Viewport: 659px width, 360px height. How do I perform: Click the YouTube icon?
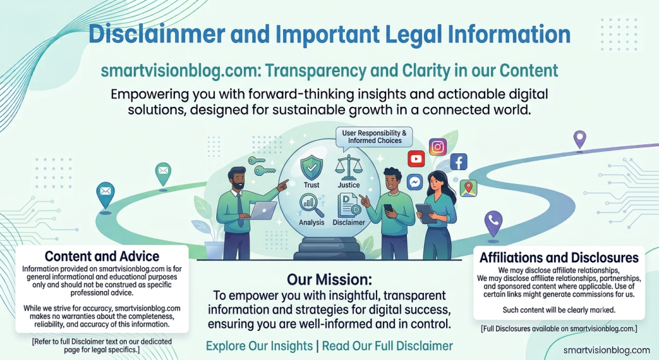416,158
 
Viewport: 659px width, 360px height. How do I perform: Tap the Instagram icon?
438,147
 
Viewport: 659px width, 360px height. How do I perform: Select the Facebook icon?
458,162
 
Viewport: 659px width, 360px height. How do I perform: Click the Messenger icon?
414,182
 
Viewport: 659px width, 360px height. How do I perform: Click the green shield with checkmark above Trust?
311,167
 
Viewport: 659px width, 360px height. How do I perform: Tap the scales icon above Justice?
348,167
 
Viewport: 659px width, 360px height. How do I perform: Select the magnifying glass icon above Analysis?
311,205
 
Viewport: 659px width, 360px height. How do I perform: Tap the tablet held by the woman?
425,213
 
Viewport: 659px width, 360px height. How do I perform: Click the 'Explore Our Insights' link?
259,346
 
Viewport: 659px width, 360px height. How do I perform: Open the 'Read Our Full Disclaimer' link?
387,346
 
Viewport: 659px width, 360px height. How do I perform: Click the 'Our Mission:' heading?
329,279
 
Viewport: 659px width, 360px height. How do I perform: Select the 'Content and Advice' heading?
102,256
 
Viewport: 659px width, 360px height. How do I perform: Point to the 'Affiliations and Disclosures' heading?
559,258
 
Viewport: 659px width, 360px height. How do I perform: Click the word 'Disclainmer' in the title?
157,34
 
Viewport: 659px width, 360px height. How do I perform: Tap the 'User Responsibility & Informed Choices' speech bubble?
375,137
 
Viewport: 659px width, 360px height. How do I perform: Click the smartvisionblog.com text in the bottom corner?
606,350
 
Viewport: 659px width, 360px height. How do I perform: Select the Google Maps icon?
469,189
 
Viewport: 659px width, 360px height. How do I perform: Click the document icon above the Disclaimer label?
348,205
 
